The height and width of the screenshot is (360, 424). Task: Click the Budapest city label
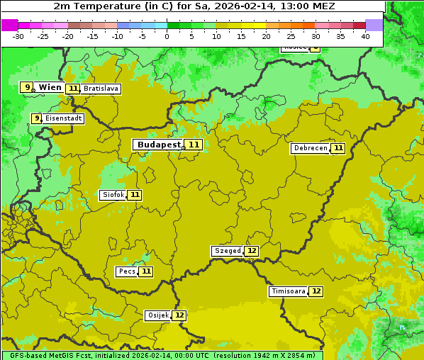coord(159,145)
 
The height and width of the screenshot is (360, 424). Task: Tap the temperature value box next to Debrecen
coord(338,148)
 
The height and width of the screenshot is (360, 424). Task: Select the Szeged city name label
coord(227,251)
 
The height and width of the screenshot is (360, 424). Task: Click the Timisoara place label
coord(288,291)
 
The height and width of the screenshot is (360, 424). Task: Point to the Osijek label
coord(157,315)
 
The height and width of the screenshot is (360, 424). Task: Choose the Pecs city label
coord(127,271)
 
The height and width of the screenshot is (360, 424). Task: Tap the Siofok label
coord(113,195)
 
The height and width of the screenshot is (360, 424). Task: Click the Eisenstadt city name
coord(63,119)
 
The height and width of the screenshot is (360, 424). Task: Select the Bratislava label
coord(100,89)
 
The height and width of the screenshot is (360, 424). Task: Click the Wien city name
coord(50,87)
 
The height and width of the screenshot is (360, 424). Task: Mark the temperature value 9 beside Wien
coord(27,87)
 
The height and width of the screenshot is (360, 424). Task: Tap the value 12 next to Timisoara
coord(316,291)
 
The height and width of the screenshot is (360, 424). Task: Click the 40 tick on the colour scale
coord(365,35)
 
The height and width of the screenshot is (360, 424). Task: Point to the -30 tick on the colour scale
coord(18,35)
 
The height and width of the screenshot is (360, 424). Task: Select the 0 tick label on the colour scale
coord(167,35)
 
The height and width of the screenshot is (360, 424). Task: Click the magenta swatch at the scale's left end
coord(9,25)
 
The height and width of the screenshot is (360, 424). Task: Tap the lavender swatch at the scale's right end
coord(374,25)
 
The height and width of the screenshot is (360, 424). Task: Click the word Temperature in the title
coord(104,6)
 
